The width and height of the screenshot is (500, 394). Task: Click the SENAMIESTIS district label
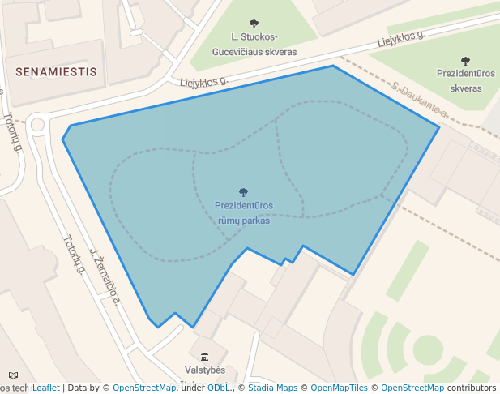56,71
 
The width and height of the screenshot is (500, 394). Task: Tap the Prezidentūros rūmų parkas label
243,212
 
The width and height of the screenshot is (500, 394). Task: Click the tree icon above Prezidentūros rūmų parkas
243,193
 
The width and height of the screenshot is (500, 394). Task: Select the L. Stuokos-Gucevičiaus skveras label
254,45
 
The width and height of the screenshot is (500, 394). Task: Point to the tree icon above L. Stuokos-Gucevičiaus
254,24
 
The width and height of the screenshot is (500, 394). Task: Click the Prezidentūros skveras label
465,79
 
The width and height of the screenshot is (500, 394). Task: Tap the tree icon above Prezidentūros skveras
465,61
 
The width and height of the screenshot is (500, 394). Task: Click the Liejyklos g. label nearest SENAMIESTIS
203,81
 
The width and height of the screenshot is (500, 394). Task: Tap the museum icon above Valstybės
203,357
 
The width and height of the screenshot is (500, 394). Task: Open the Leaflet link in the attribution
45,388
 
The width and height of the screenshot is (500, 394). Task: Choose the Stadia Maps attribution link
273,388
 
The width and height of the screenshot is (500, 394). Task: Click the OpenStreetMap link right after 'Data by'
143,388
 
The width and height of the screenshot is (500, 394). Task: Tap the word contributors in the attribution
472,388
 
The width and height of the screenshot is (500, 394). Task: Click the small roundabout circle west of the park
36,124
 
